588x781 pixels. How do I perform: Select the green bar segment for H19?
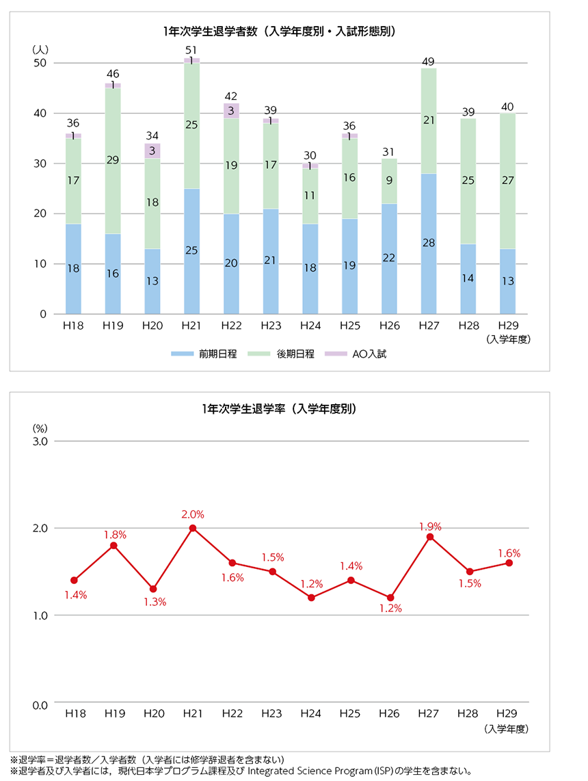coord(113,161)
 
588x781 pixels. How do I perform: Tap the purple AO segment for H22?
coord(232,111)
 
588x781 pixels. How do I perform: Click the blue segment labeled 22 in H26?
coord(389,259)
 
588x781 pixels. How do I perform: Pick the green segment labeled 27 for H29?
coord(508,181)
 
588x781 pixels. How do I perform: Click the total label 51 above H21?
coord(192,50)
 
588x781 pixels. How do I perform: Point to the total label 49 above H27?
coord(429,62)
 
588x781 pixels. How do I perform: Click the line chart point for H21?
coord(192,528)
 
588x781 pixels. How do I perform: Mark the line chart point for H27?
coord(429,537)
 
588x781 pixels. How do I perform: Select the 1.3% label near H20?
coord(155,602)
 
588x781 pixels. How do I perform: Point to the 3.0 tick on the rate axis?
coord(39,442)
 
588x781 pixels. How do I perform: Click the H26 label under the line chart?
coord(389,713)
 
